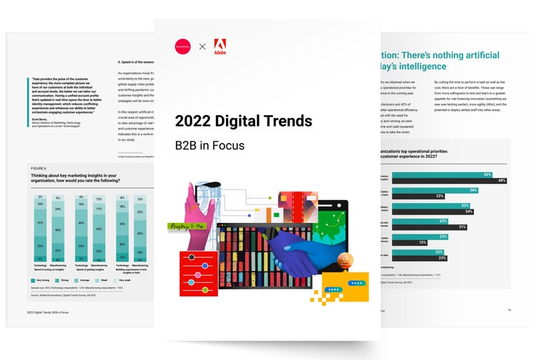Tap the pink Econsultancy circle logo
[184, 46]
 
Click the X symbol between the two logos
[202, 46]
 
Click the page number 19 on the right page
[508, 310]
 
